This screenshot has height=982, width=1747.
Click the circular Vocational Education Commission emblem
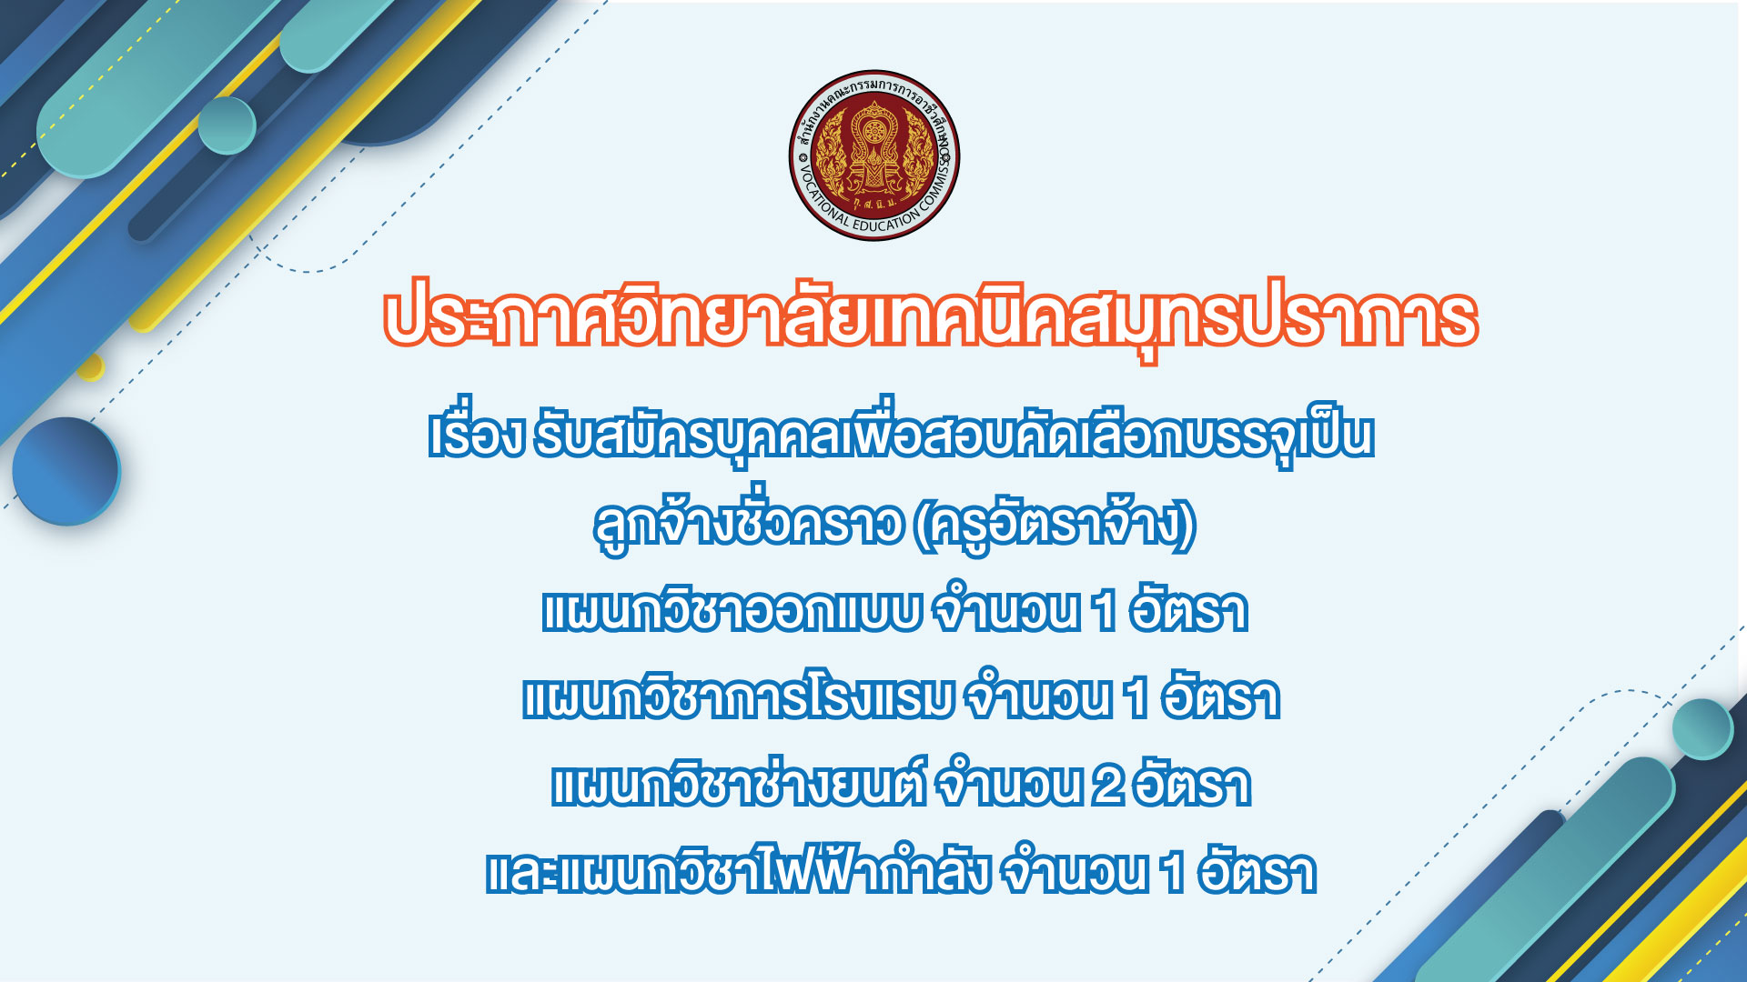873,155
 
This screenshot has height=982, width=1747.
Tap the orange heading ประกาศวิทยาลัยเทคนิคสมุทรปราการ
930,319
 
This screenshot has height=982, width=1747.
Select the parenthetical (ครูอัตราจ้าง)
1055,525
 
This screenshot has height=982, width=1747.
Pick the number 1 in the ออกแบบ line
1105,611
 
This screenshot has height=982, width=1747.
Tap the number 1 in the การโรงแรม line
1136,698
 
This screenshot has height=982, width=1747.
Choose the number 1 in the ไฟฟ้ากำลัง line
1173,873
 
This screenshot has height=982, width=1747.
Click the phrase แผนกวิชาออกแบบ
732,610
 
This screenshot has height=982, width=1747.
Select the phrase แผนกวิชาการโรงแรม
738,697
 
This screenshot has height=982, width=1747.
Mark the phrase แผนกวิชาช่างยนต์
739,782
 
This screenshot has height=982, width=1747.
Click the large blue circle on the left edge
66,471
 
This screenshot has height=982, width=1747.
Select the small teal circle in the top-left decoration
227,125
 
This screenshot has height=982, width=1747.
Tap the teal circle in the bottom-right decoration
1702,728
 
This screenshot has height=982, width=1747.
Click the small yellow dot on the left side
91,367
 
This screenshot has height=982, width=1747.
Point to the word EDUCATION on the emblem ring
886,221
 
